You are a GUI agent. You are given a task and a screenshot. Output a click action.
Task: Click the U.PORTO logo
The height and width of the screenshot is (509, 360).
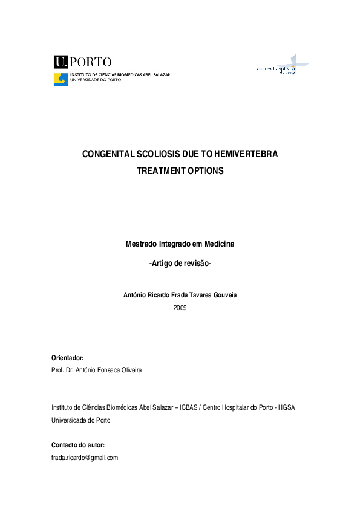click(83, 62)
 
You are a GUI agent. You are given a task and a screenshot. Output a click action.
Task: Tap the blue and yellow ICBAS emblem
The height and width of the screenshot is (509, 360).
click(61, 80)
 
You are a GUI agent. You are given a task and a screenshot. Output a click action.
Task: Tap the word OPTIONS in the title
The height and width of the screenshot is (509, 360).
click(203, 171)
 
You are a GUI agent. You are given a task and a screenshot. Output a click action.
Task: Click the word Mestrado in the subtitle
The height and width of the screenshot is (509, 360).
click(141, 244)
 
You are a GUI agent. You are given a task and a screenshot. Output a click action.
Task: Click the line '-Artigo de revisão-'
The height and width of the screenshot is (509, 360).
click(180, 264)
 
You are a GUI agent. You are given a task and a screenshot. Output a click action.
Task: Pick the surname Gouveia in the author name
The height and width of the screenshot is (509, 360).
click(223, 296)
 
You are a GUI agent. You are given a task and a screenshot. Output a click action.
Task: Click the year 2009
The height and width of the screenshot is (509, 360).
click(180, 308)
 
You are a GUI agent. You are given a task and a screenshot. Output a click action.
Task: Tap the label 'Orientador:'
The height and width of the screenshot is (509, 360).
click(68, 358)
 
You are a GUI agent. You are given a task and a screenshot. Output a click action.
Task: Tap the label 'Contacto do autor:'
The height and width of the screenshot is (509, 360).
click(79, 446)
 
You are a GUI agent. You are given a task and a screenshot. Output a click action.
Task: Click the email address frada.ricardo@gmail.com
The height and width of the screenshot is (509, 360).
click(85, 458)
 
